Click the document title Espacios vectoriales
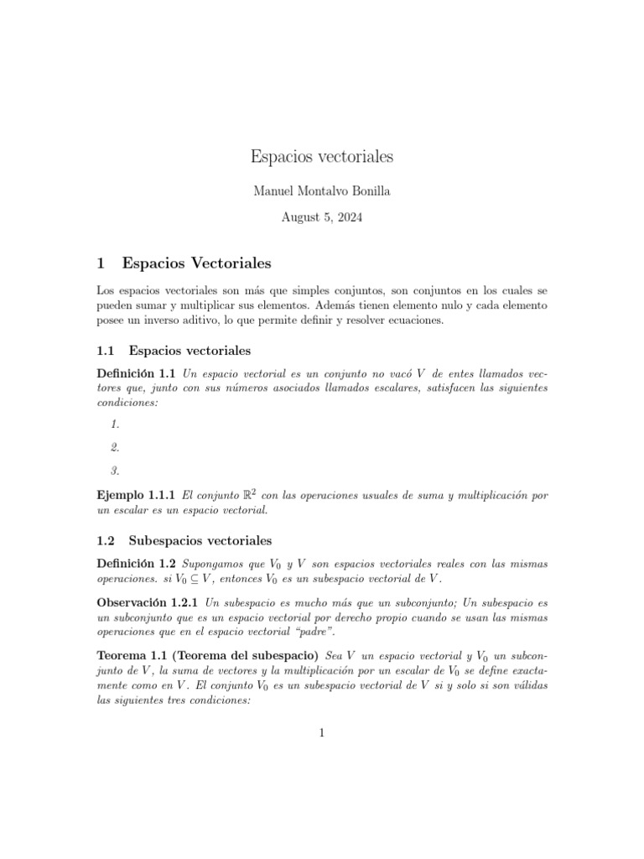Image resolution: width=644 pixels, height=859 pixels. click(322, 157)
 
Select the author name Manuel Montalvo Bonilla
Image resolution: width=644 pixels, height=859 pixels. click(322, 191)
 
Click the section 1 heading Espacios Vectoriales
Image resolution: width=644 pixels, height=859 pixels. click(197, 263)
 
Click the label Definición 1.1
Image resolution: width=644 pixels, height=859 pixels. click(137, 372)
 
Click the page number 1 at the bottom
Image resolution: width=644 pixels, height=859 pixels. click(322, 733)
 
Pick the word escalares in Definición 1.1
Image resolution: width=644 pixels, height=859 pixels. click(378, 388)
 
